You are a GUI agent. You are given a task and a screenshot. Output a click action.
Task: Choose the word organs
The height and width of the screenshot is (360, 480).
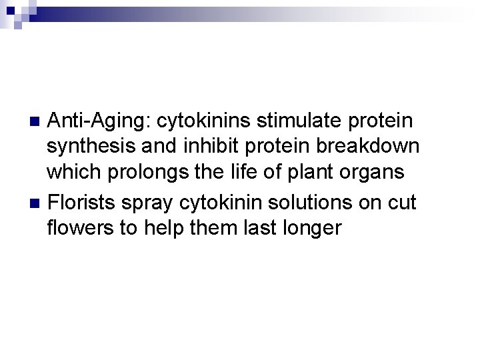[x=371, y=171]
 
